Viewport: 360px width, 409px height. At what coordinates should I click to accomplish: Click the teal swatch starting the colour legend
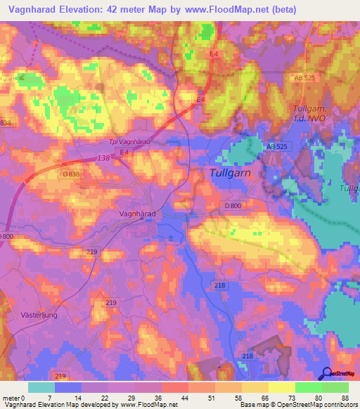click(x=41, y=387)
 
